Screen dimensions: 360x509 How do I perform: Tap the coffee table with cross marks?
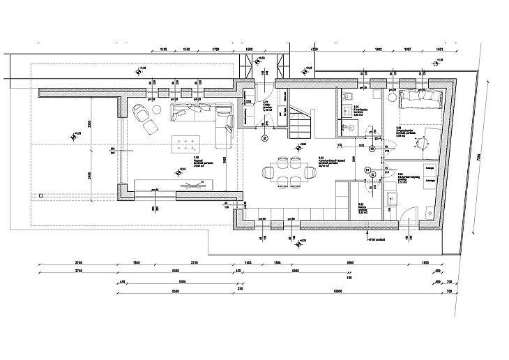click(188, 144)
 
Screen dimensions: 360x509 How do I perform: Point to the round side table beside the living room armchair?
click(149, 126)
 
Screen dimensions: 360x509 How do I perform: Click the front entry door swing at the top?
click(263, 93)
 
